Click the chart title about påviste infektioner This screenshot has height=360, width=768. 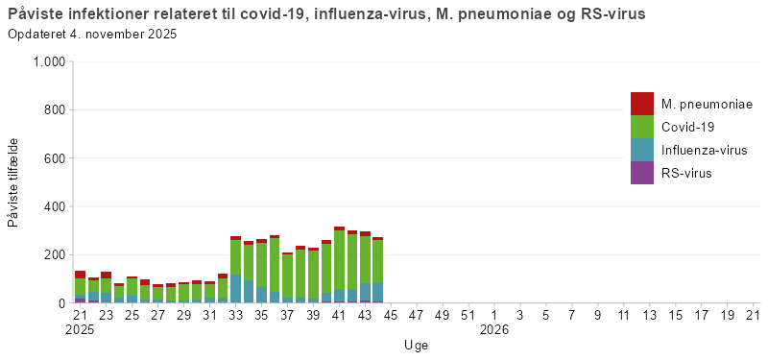tap(326, 15)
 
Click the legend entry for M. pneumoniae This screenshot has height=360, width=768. tap(707, 104)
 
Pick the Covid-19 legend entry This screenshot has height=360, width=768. tap(687, 127)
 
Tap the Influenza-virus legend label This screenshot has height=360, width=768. tap(704, 150)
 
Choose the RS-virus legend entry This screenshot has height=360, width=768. tap(686, 173)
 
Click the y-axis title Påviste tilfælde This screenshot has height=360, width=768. tap(13, 182)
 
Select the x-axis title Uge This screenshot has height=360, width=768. tap(416, 344)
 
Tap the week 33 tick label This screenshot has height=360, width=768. tap(235, 315)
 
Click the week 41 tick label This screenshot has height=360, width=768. tap(339, 315)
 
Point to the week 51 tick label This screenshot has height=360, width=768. tap(468, 315)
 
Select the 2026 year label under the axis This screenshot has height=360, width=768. tap(494, 330)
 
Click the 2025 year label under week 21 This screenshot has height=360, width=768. tap(81, 330)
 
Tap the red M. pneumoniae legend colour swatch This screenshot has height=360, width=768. tap(642, 104)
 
